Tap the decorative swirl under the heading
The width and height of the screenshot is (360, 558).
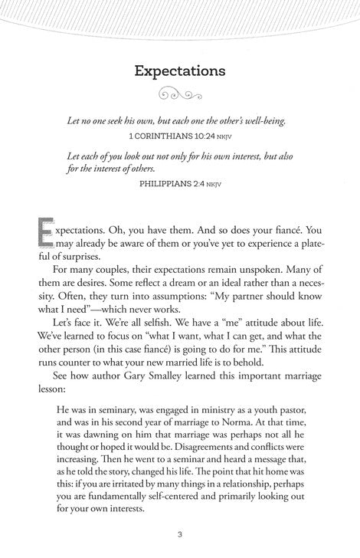point(179,93)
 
